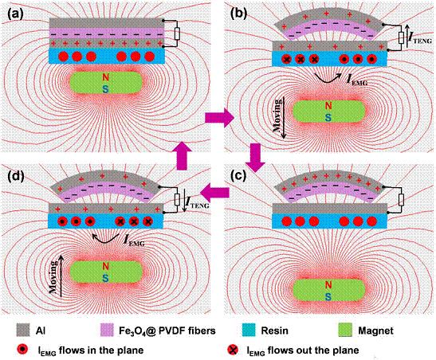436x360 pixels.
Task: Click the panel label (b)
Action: [238, 14]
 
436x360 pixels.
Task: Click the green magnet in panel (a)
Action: [106, 83]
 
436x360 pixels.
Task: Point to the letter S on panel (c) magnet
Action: [328, 296]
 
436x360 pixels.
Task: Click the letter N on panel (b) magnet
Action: [328, 106]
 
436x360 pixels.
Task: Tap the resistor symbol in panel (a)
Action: [177, 34]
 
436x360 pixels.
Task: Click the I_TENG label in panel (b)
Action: [419, 39]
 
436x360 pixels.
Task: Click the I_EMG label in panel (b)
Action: [357, 80]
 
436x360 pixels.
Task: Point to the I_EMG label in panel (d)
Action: [134, 241]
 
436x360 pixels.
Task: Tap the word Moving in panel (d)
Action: [53, 277]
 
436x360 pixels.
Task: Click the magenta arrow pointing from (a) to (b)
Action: [220, 118]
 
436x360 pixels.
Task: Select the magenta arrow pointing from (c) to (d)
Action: [214, 192]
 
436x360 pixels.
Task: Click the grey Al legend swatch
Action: [23, 330]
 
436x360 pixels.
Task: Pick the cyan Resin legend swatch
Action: [249, 330]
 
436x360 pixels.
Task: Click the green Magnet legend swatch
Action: [346, 330]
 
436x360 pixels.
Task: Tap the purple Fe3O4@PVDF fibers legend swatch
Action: [107, 330]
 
